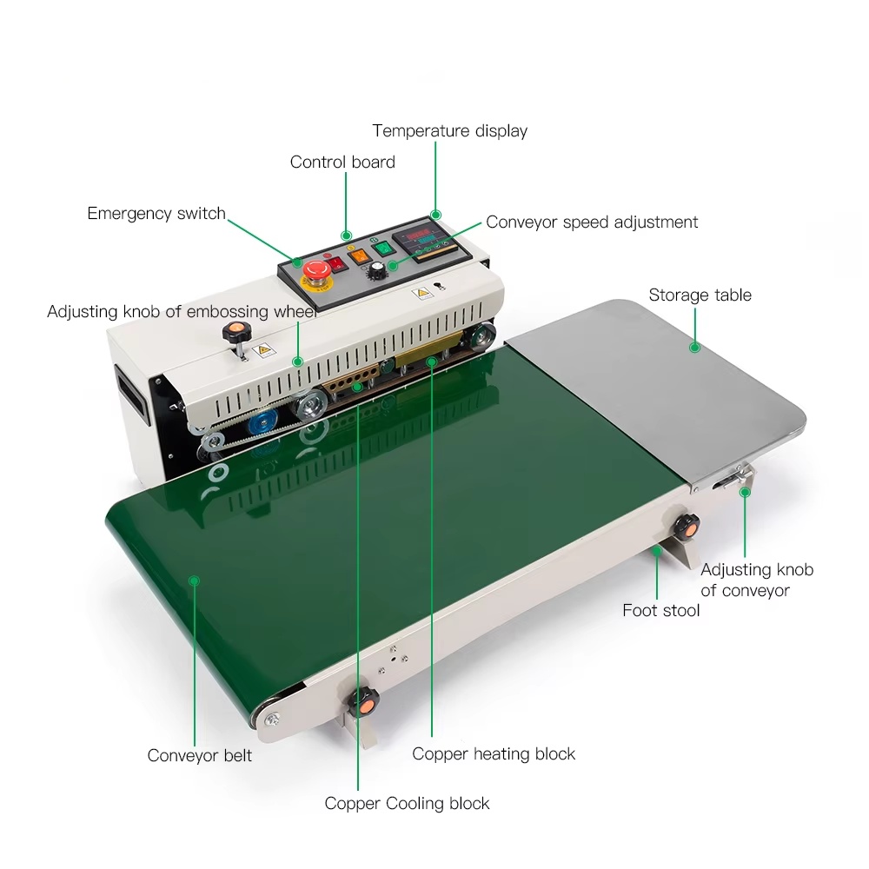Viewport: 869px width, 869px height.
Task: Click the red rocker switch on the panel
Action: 335,264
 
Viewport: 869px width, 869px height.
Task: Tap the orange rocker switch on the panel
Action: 359,255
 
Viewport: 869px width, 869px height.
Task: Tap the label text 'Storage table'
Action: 700,295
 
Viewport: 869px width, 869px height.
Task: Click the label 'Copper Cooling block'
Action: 407,803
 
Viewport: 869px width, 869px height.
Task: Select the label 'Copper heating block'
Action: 494,753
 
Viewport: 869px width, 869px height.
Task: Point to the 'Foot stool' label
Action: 660,610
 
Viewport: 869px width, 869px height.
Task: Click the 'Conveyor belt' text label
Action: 200,755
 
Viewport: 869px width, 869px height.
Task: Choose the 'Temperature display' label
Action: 449,131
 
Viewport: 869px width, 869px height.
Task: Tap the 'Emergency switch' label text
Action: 156,214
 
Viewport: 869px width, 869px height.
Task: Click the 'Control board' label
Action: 342,162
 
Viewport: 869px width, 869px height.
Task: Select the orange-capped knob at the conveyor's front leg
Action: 362,702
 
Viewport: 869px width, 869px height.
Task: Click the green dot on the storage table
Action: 694,348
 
